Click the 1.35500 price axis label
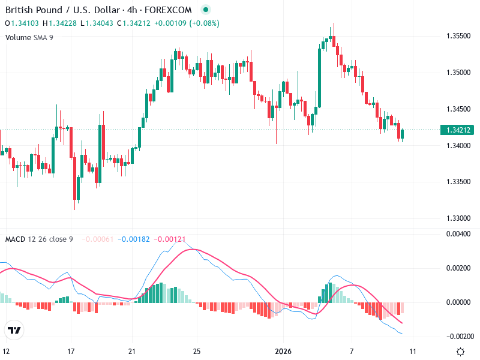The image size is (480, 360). (x=458, y=36)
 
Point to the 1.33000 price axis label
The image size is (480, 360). (x=458, y=218)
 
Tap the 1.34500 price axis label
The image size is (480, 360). (x=458, y=109)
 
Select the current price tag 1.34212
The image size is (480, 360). (x=458, y=130)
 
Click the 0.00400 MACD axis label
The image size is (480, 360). (x=458, y=234)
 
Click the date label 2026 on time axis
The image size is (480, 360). (x=283, y=352)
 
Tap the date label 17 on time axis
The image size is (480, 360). (x=71, y=352)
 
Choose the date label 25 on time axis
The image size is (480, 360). (x=197, y=352)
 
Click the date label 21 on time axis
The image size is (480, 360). (x=133, y=352)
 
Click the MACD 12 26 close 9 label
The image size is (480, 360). (x=39, y=239)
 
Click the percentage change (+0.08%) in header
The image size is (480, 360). (x=204, y=23)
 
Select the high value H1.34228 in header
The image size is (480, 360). (x=59, y=23)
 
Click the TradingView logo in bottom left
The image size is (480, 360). (x=14, y=330)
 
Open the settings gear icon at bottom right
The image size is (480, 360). (x=461, y=352)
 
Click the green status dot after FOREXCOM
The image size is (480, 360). (x=206, y=10)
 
